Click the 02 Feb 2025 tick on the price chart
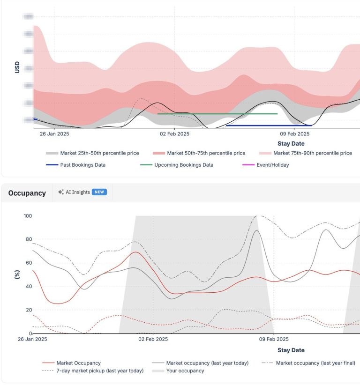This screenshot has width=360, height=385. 174,133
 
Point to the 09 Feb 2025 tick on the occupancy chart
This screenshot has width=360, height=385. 273,339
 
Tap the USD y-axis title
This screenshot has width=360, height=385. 17,67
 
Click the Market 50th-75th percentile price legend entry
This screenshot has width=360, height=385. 206,153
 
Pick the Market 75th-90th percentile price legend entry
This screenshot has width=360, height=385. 312,153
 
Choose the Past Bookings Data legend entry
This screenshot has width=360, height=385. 82,165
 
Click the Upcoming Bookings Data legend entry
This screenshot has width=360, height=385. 183,165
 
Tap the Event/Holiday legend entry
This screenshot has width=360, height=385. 272,165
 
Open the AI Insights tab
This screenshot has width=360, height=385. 78,192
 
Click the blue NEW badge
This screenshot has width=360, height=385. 99,192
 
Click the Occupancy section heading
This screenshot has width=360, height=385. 27,193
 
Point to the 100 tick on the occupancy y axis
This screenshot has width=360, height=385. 28,216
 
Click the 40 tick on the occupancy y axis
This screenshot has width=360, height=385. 29,287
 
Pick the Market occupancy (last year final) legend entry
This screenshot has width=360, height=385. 315,363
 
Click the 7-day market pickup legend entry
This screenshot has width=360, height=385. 100,371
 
